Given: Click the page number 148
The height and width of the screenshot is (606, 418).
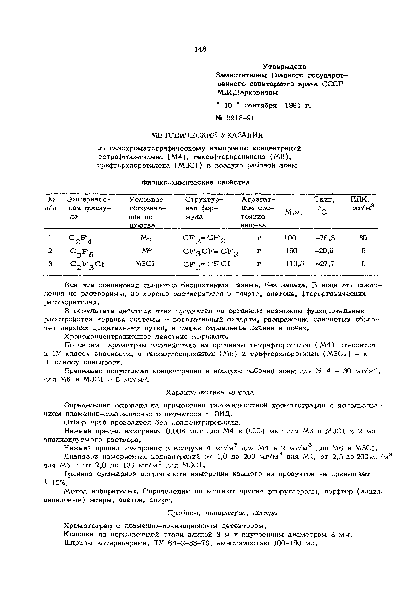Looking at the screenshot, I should pyautogui.click(x=201, y=49).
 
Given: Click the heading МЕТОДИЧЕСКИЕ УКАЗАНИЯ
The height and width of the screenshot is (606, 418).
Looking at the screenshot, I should pyautogui.click(x=207, y=135).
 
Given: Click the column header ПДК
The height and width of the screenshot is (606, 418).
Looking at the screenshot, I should pyautogui.click(x=360, y=200).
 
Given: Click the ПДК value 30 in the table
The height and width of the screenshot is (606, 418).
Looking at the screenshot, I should pyautogui.click(x=363, y=238).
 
